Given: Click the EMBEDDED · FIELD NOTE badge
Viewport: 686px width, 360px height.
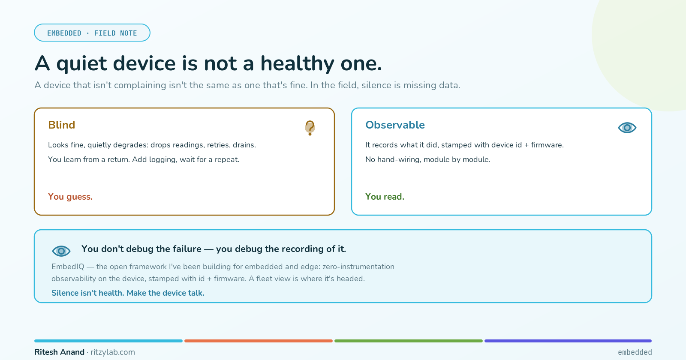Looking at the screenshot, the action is [92, 33].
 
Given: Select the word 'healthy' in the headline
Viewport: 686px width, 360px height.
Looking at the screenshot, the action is [297, 64].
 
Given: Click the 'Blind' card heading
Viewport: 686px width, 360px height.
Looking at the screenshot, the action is [62, 125].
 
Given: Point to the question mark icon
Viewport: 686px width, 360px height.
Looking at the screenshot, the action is [310, 127].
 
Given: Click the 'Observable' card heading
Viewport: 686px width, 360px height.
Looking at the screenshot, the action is [395, 125].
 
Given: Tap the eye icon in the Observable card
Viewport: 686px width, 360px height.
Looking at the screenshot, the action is [627, 128].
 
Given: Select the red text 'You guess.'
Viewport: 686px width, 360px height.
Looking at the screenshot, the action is [70, 197].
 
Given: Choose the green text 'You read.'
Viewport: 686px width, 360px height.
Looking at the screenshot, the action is [385, 197].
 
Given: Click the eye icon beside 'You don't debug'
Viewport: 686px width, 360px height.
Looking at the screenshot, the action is [61, 251].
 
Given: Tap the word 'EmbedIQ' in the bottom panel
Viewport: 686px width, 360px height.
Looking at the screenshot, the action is [68, 267].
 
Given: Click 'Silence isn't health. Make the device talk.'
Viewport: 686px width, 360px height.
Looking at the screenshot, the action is [128, 293].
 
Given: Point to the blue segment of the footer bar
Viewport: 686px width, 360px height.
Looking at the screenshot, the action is [108, 341].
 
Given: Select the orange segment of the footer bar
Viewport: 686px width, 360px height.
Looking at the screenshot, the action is [259, 341].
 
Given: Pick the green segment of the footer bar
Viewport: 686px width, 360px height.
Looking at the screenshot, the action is [409, 341].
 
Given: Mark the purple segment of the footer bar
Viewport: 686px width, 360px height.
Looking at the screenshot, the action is [568, 341].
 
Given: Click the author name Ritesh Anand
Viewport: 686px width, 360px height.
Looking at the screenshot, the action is [60, 352].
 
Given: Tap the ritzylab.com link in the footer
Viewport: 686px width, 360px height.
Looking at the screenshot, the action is [113, 352].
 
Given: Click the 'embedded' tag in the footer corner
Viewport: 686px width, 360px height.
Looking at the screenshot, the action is [635, 352].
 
